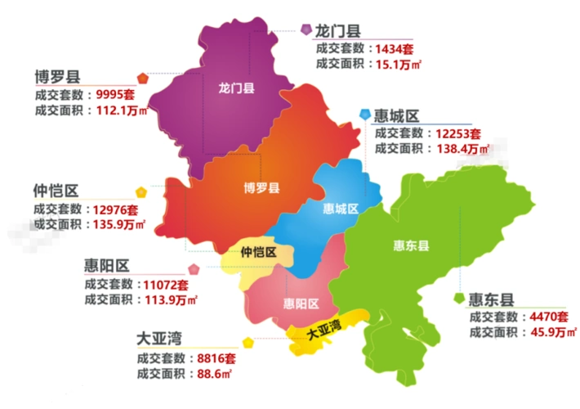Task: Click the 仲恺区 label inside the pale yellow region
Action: tap(259, 253)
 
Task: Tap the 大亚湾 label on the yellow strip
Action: tap(323, 331)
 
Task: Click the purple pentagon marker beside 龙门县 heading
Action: tap(305, 30)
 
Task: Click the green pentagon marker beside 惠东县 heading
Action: tap(461, 298)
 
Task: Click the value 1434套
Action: tap(394, 49)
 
